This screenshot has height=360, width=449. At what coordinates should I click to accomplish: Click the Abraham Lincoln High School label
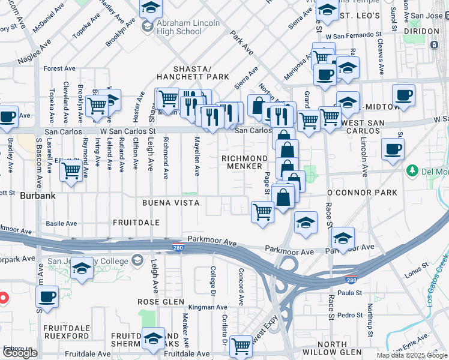[188, 28]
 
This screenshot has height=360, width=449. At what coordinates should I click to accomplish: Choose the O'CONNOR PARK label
[362, 193]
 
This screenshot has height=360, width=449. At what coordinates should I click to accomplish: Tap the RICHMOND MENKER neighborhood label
[245, 163]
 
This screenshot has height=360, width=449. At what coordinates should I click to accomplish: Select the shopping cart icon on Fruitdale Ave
[241, 345]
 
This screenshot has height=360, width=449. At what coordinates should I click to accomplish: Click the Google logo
[20, 353]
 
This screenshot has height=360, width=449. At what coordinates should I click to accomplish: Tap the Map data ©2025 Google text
[411, 355]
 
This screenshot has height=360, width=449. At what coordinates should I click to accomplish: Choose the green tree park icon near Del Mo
[412, 172]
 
